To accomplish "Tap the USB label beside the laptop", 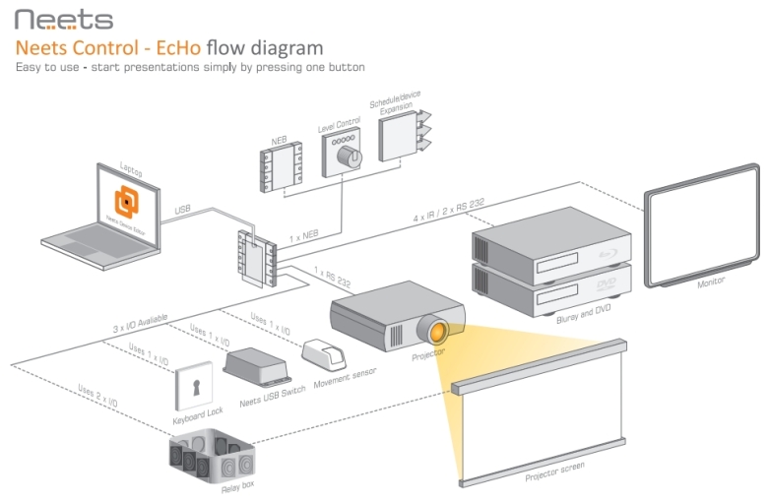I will pyautogui.click(x=183, y=209).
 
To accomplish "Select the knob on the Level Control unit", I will pyautogui.click(x=345, y=156).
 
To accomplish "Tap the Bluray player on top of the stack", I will pyautogui.click(x=550, y=242).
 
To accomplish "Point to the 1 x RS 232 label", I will pyautogui.click(x=333, y=273).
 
